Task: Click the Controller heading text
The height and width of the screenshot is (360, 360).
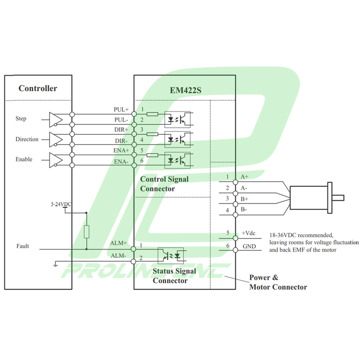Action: (37, 88)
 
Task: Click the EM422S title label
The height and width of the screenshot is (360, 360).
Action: (185, 89)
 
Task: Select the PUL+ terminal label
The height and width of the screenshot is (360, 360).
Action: (121, 110)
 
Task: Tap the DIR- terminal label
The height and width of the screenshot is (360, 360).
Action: (121, 141)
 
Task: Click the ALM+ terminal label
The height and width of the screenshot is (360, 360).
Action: (119, 243)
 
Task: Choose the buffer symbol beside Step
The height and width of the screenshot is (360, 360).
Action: (56, 119)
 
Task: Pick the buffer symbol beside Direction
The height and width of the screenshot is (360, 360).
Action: (56, 139)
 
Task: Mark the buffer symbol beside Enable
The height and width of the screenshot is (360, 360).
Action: (56, 160)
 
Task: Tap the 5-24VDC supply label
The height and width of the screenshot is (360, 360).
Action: (61, 204)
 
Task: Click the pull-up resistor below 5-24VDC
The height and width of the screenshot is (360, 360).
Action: (86, 232)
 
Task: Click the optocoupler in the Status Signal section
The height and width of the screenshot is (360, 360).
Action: (171, 254)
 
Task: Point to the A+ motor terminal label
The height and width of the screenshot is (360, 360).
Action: (245, 177)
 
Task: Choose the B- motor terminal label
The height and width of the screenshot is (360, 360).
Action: (244, 209)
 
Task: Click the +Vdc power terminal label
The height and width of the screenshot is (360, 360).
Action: (249, 233)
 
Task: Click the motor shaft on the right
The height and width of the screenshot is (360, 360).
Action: (338, 197)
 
